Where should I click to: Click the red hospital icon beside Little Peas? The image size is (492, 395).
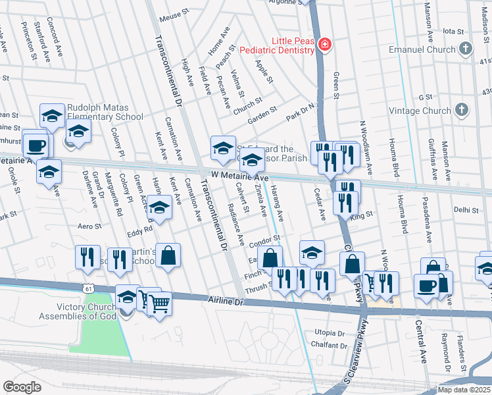pos(324,45)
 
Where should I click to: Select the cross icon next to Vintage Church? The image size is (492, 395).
pos(463,111)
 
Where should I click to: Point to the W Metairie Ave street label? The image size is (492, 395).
pos(240,178)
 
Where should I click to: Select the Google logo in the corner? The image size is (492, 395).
pos(22,386)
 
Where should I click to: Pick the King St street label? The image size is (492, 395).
pos(362,215)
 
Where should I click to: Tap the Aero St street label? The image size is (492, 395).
pos(89,226)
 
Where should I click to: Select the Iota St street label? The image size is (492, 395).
pos(454,31)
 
